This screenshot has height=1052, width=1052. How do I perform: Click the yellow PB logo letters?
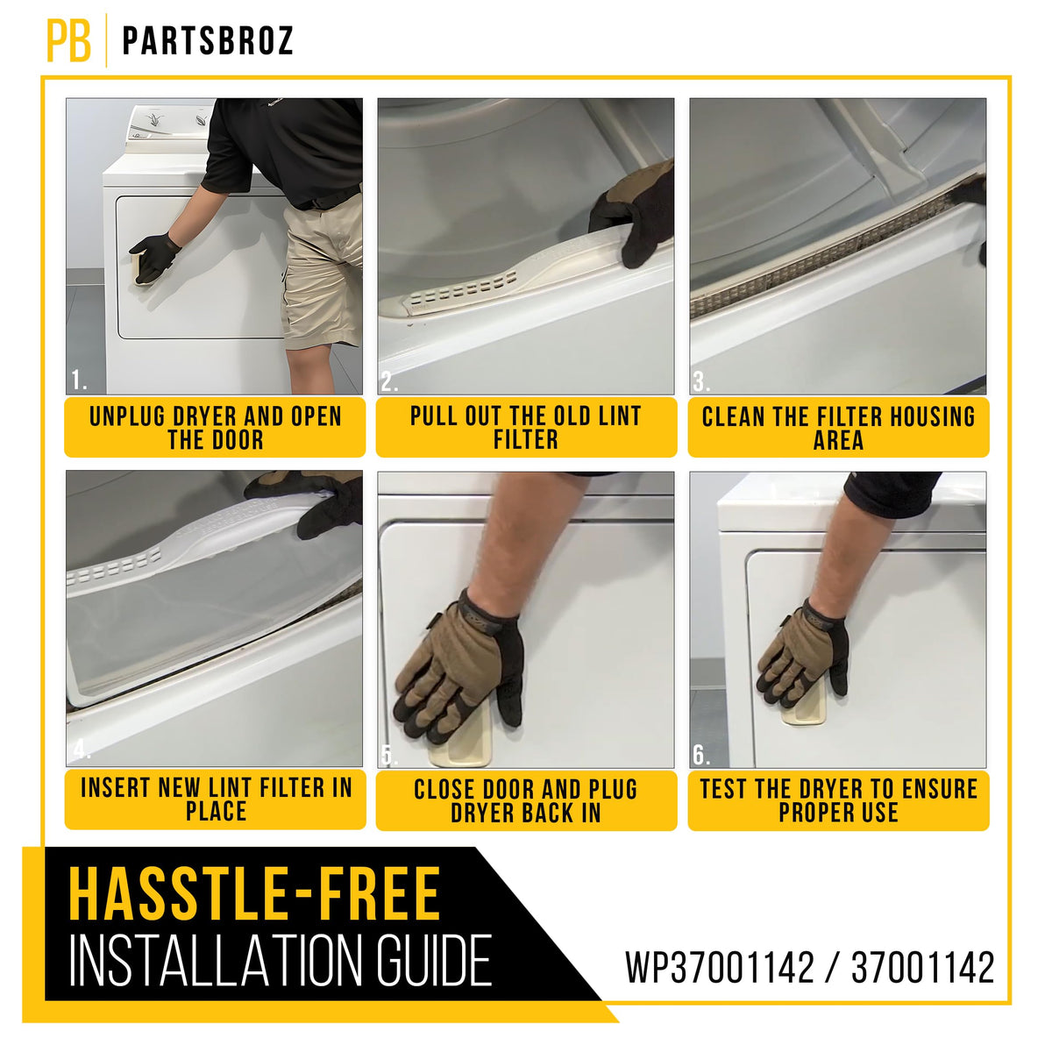68,41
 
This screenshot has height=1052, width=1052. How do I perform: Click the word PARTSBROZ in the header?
208,41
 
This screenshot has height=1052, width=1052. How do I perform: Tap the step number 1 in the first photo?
79,380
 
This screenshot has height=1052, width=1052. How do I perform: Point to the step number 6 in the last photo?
701,755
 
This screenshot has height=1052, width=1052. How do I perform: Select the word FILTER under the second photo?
526,439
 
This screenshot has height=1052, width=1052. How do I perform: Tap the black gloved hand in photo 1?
155,257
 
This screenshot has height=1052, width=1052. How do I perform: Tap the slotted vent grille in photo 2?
463,290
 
